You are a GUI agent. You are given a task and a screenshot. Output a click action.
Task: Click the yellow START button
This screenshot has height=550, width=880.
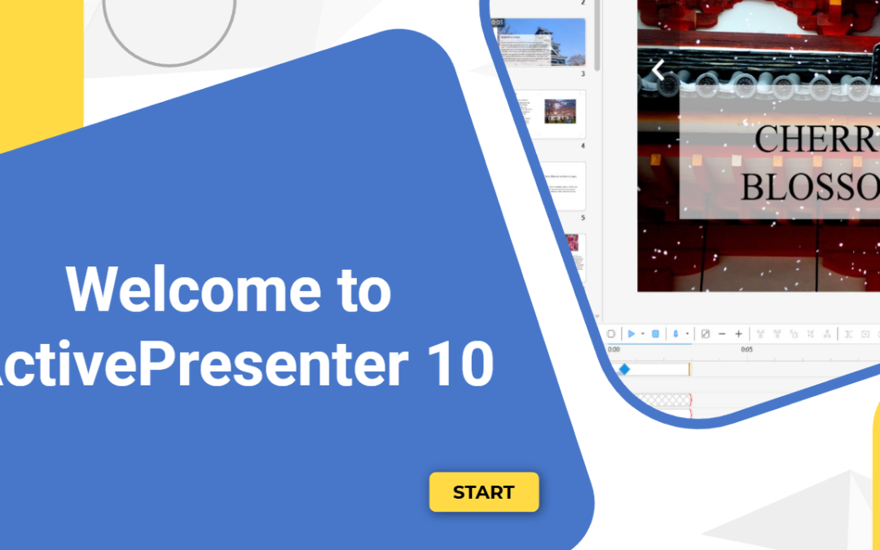coord(484,492)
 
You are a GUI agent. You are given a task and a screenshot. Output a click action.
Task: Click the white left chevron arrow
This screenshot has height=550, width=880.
coord(658,71)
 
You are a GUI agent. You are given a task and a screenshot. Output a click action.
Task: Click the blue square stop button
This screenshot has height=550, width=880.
coord(656,334)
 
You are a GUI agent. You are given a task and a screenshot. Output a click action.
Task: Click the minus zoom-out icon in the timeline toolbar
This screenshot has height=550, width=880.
coord(722,334)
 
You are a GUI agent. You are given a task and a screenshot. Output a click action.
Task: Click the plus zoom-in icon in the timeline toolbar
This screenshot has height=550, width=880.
coord(739,334)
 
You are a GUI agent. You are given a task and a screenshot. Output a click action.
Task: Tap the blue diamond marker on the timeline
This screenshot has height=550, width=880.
coord(624,369)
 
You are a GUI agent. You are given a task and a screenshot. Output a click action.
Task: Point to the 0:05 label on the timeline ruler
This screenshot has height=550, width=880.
coord(746,350)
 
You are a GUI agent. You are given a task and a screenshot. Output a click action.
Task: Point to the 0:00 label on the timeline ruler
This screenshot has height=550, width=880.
coord(614,350)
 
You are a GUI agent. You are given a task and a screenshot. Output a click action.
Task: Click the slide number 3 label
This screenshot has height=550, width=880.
coord(583,74)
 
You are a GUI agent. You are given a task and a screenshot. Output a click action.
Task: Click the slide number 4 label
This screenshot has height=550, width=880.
coord(583,146)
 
